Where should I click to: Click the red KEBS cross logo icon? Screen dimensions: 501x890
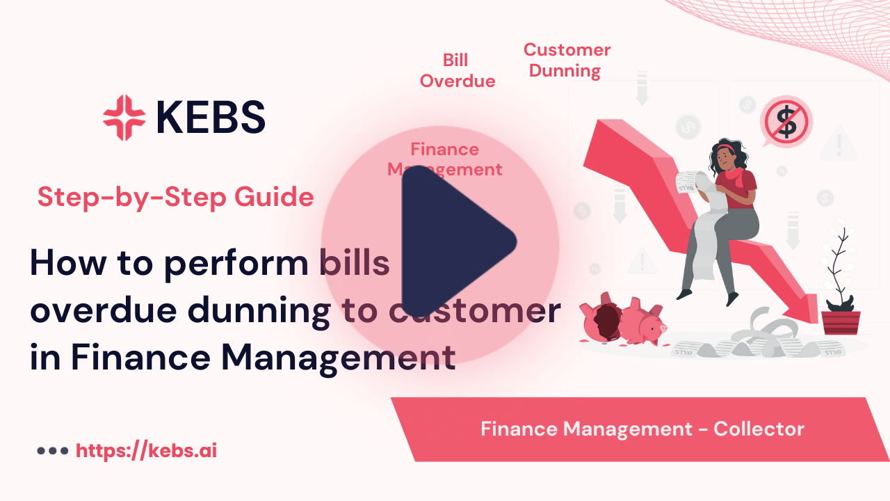[x=124, y=117]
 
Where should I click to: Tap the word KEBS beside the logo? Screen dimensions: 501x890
[x=211, y=117]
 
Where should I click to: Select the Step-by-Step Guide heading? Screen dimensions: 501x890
[x=175, y=198]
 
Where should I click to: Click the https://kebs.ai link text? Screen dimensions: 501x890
[x=146, y=450]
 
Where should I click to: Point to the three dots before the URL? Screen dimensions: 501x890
[x=52, y=451]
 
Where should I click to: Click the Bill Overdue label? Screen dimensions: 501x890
[x=458, y=71]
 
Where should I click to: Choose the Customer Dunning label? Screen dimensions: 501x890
[x=567, y=61]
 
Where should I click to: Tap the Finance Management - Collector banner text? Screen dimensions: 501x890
[x=642, y=429]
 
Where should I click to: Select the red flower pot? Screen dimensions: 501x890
[x=840, y=322]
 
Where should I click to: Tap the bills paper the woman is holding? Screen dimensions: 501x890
[x=688, y=182]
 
